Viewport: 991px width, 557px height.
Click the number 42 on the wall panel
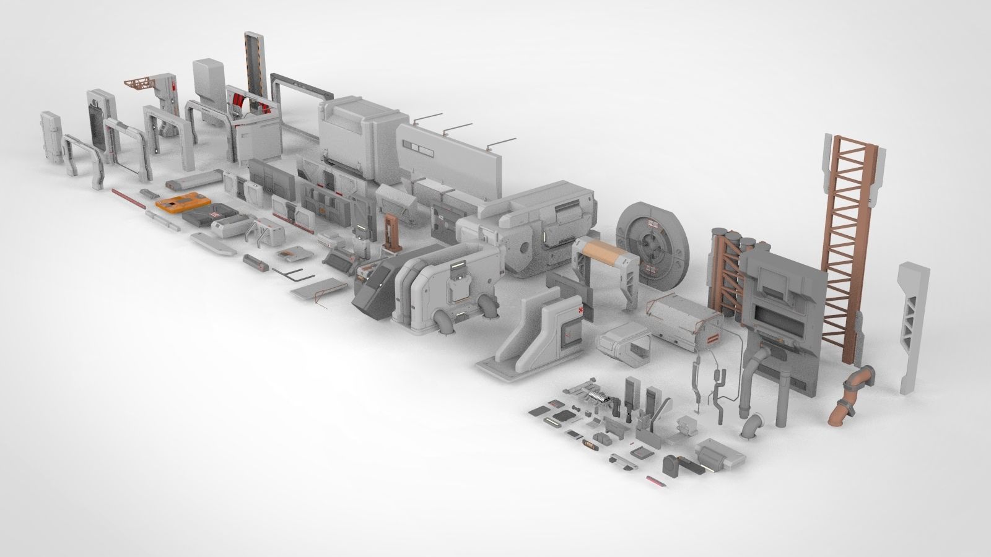(441, 218)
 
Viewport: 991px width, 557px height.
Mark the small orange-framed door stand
(390, 231)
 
